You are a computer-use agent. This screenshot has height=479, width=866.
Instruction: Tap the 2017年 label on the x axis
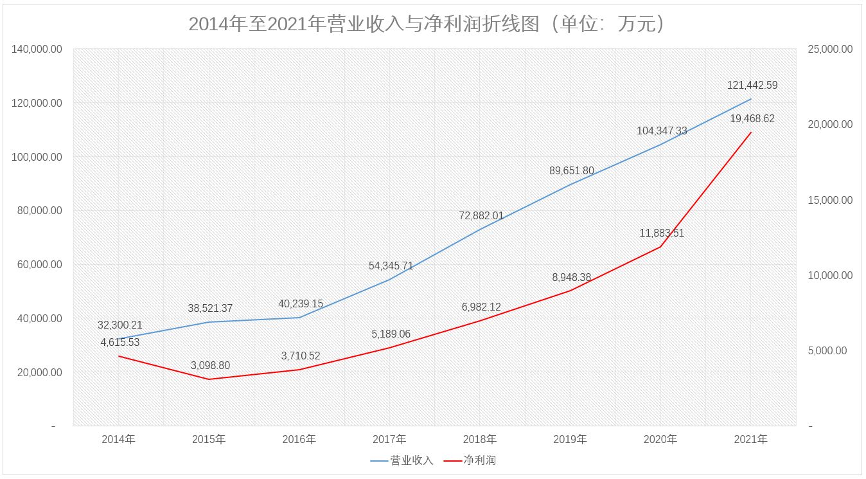click(x=389, y=440)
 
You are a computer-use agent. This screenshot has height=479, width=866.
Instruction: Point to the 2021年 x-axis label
click(x=750, y=440)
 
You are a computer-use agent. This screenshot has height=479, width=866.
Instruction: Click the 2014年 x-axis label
click(x=118, y=440)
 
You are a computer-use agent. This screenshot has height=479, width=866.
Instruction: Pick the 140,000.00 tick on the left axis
click(x=37, y=50)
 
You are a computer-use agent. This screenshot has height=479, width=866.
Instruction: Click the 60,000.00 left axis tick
click(x=37, y=264)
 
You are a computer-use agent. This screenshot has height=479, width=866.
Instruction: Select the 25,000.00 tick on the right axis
click(x=828, y=50)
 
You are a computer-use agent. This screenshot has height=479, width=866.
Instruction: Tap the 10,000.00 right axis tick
click(x=828, y=275)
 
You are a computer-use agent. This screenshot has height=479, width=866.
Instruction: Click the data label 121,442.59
click(x=752, y=85)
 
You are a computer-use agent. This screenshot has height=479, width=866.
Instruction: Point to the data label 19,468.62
click(x=752, y=119)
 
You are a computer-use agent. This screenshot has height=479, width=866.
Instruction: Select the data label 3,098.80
click(x=210, y=365)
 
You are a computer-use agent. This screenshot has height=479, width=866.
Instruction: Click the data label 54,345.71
click(x=391, y=266)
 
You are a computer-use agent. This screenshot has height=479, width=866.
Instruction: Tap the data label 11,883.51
click(x=662, y=233)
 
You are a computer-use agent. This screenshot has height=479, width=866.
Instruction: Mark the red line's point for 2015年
click(x=209, y=379)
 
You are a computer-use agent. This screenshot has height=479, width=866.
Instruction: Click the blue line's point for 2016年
click(x=299, y=318)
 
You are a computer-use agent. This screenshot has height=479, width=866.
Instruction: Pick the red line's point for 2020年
click(x=660, y=247)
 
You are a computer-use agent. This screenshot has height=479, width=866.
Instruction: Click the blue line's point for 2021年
click(x=751, y=99)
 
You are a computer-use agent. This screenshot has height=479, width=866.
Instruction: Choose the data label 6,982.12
click(x=481, y=307)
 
